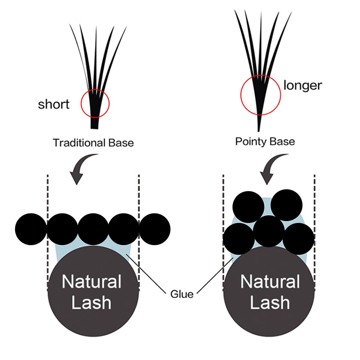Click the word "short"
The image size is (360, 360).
[54, 104]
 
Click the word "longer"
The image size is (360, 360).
[302, 85]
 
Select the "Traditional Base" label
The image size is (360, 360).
[93, 143]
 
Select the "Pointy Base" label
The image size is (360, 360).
[265, 141]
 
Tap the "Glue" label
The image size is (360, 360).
[181, 294]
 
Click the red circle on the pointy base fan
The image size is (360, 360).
[260, 95]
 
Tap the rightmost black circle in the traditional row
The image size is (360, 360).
[155, 229]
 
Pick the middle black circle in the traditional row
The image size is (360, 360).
[93, 229]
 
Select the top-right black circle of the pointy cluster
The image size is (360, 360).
[286, 205]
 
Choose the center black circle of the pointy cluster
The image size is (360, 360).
[269, 231]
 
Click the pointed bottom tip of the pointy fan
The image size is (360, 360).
[259, 130]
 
